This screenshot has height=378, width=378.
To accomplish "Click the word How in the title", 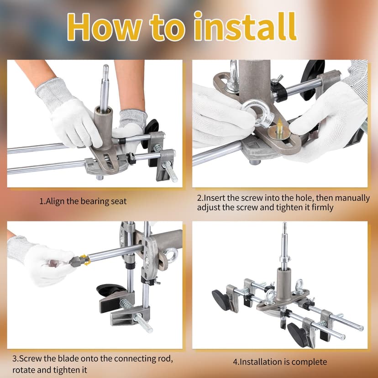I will coord(98,27).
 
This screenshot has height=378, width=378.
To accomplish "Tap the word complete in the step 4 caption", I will coord(308,362).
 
